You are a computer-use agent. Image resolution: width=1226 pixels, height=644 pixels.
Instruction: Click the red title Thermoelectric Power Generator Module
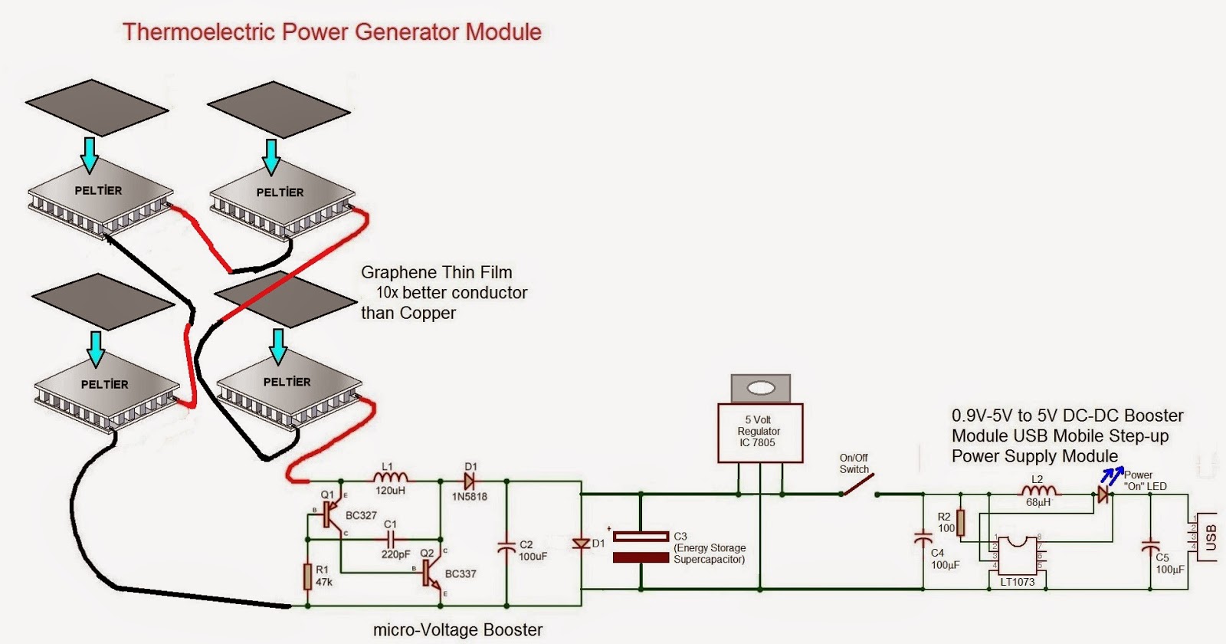332,32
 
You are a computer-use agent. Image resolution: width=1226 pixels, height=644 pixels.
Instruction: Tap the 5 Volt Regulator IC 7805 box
759,432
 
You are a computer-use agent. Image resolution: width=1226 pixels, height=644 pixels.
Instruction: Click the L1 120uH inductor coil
390,478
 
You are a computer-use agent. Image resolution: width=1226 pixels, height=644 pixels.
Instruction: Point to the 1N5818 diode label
469,497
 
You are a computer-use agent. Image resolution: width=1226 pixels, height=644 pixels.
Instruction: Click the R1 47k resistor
308,576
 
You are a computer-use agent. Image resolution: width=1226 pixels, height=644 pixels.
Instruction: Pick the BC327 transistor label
361,515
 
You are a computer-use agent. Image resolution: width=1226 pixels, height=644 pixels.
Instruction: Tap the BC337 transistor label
461,573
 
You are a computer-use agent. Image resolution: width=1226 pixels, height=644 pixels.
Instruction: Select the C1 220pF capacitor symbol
392,540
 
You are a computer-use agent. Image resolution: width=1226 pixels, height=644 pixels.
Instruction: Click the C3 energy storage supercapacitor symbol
641,547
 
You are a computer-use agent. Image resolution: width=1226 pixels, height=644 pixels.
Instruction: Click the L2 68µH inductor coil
1038,491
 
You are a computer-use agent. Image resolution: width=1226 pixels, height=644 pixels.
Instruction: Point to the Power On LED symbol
1103,495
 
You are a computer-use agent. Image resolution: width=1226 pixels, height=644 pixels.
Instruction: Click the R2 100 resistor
960,523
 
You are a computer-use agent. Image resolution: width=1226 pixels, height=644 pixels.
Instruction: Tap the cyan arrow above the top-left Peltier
90,154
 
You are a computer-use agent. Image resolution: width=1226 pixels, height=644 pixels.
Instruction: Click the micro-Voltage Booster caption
457,630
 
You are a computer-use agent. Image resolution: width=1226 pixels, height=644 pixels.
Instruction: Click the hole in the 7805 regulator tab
760,389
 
